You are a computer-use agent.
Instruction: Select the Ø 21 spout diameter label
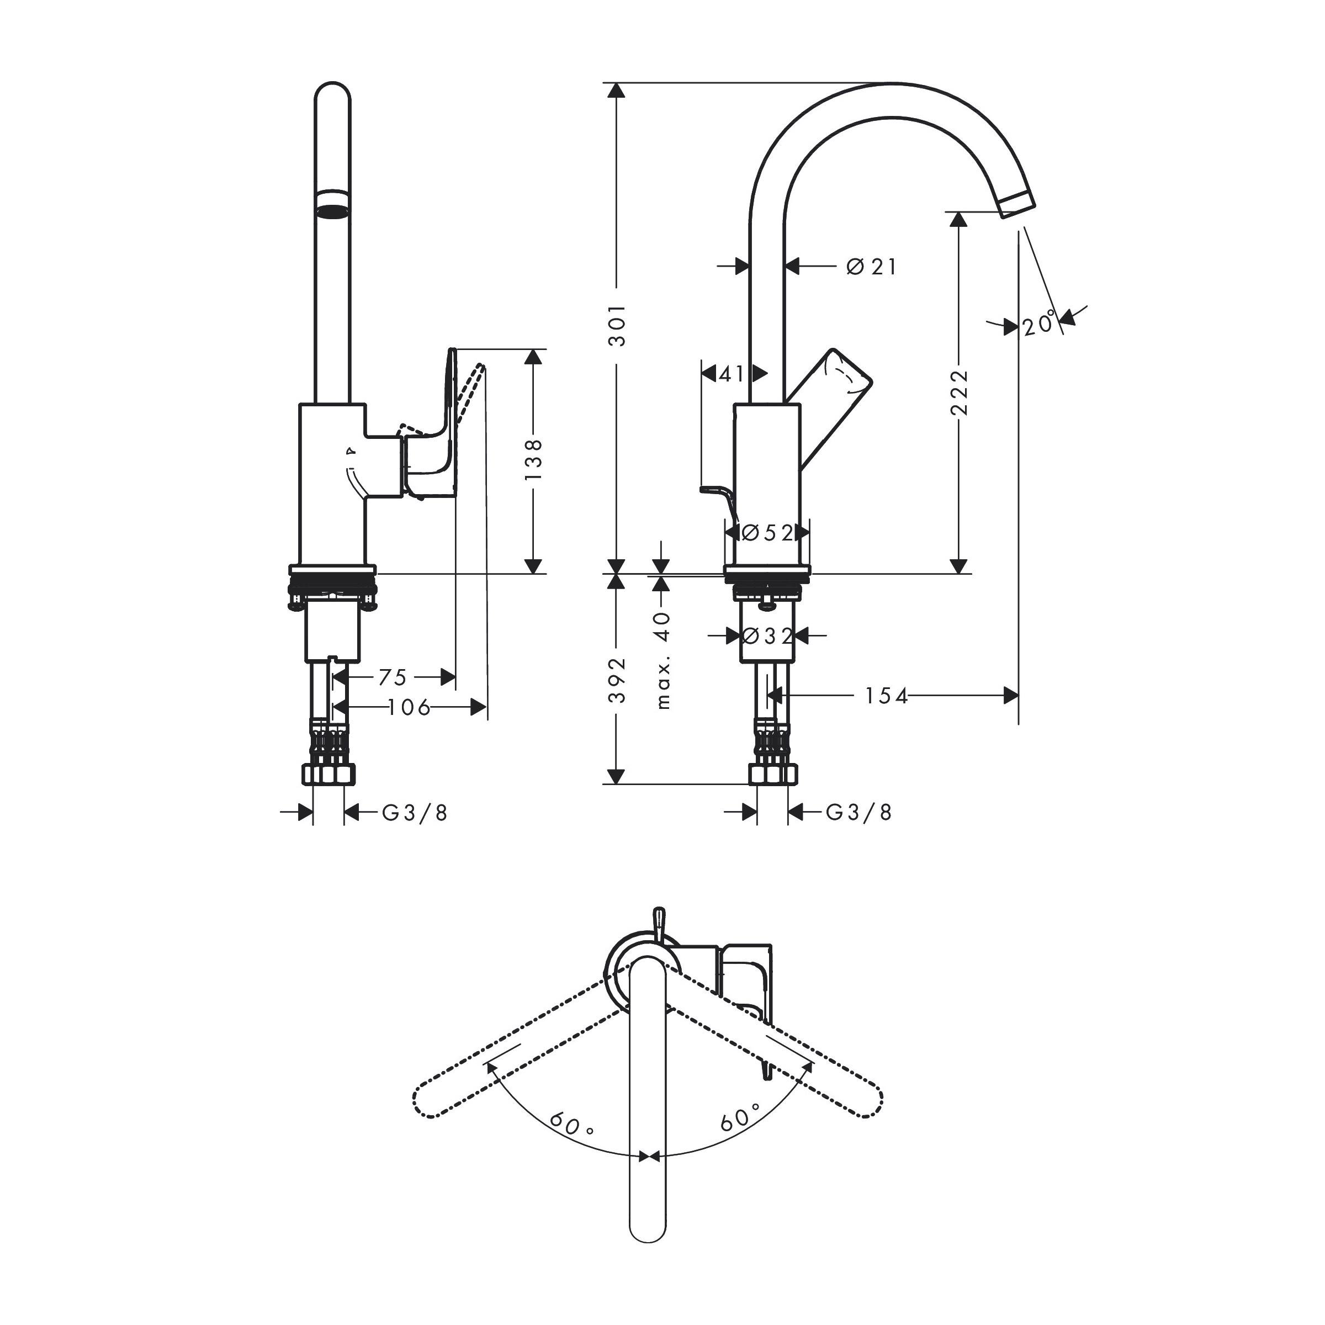click(871, 267)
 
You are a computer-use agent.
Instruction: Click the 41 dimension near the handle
click(731, 374)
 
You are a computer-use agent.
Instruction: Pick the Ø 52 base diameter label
click(767, 533)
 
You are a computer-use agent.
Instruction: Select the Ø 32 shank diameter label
click(767, 637)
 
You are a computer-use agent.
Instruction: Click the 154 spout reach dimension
click(886, 696)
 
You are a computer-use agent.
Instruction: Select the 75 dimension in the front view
click(393, 677)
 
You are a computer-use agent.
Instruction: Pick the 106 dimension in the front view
click(409, 707)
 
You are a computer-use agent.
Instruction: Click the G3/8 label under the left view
click(414, 813)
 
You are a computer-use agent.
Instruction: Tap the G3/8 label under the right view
click(858, 813)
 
